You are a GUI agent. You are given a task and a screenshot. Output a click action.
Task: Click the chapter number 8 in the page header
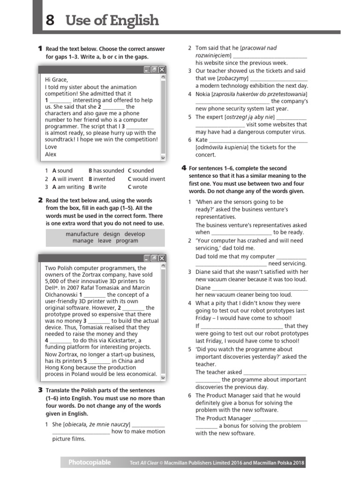coord(50,21)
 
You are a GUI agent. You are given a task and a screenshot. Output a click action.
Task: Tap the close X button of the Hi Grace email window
coord(162,69)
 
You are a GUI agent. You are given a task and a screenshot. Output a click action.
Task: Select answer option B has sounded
coord(106,171)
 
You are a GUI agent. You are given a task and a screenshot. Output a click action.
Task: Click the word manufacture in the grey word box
coord(82,234)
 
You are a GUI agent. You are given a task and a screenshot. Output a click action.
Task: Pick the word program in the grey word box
coord(127,241)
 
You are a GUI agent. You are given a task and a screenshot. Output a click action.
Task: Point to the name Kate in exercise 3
coord(201,140)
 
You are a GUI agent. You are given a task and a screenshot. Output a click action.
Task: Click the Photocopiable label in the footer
coord(90,463)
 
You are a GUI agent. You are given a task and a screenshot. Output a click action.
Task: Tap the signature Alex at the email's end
coord(51,154)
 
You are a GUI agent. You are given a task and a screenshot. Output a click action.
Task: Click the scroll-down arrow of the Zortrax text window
coord(163,377)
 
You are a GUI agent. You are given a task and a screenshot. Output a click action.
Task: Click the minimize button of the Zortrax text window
coord(147,258)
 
